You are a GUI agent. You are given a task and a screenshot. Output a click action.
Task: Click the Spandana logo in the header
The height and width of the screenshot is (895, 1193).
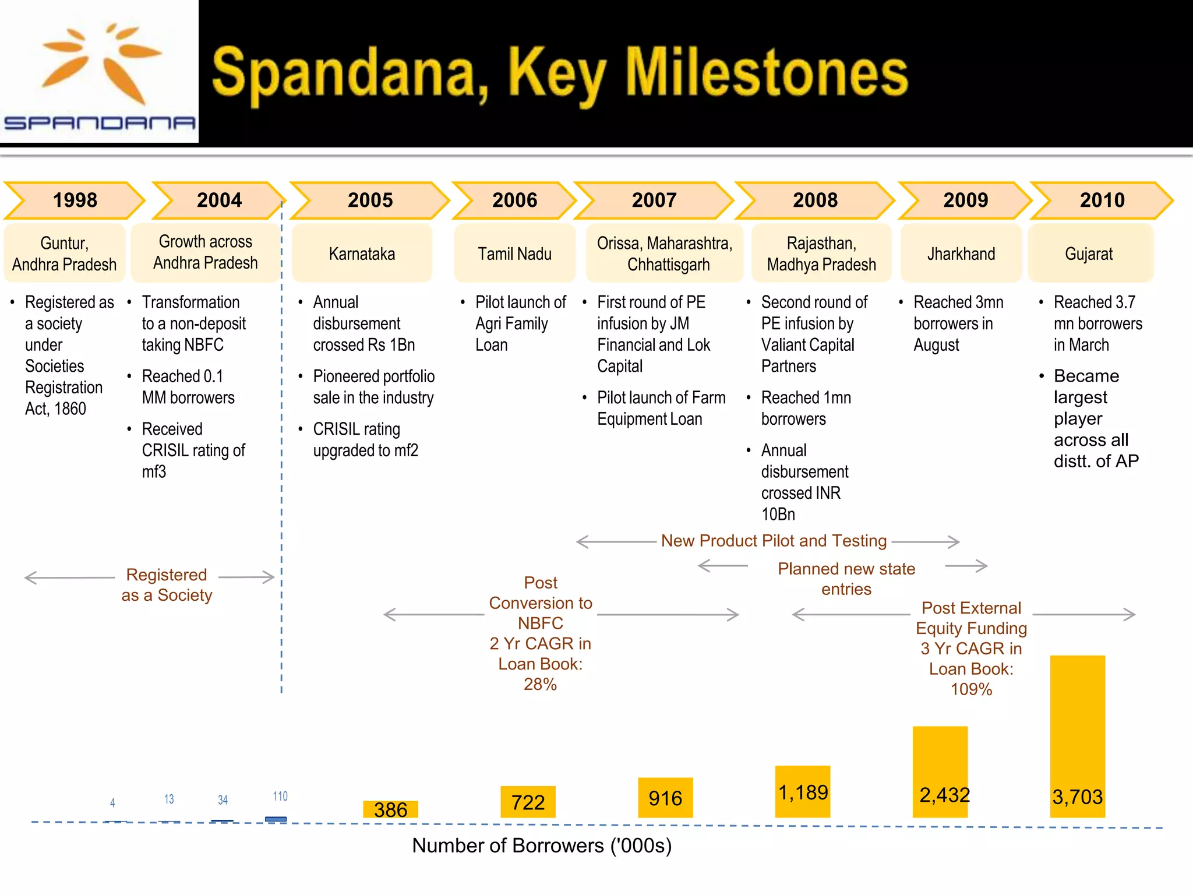click(x=99, y=73)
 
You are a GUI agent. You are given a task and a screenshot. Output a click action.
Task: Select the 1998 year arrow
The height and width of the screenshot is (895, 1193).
click(x=75, y=200)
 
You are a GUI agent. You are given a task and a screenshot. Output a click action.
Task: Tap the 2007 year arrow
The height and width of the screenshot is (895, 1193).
click(x=654, y=200)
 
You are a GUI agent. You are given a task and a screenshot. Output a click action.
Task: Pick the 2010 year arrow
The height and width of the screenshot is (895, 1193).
click(x=1102, y=200)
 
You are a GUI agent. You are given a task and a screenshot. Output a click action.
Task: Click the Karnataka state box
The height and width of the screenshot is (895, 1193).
click(x=362, y=254)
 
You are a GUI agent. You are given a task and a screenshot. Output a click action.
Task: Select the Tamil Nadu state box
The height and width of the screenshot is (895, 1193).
click(x=514, y=254)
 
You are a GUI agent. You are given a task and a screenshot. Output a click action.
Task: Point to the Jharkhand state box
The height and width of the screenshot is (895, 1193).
click(x=961, y=254)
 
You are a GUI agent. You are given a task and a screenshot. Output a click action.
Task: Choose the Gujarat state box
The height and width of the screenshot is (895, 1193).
click(x=1089, y=254)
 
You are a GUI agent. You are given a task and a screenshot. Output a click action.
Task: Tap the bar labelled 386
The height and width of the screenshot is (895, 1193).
click(x=390, y=809)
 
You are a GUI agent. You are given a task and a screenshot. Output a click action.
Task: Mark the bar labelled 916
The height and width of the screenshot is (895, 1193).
click(x=665, y=797)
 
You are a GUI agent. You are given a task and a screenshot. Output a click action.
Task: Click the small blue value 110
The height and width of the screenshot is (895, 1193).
click(x=280, y=796)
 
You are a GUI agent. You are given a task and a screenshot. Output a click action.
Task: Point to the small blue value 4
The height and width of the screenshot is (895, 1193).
click(x=112, y=803)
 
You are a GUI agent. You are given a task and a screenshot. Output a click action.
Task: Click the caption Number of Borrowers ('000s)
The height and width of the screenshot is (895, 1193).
click(x=542, y=845)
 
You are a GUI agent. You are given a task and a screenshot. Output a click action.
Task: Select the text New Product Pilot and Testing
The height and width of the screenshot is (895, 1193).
click(x=774, y=541)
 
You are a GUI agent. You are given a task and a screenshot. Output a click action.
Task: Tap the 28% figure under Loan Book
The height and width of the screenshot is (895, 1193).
click(x=540, y=684)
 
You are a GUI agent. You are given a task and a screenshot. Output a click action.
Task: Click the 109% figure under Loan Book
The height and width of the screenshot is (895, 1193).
click(x=971, y=689)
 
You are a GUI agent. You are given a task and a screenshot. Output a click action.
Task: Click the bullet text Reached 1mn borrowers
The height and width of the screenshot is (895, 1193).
click(x=806, y=408)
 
